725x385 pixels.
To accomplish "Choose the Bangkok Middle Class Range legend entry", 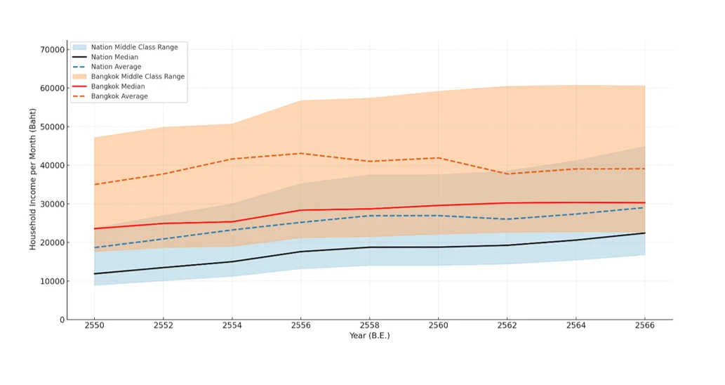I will point(138,77).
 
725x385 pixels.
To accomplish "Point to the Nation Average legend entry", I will point(116,67).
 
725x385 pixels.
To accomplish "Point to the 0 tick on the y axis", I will point(62,320).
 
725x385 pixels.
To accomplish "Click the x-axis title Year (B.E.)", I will point(369,336).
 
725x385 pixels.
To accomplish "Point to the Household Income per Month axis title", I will point(33,179).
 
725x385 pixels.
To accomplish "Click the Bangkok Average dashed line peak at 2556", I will point(301,153).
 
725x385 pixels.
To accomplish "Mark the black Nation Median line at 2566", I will point(645,233).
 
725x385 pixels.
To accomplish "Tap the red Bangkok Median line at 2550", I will point(95,228).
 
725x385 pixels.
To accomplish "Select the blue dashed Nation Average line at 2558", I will point(370,216).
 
